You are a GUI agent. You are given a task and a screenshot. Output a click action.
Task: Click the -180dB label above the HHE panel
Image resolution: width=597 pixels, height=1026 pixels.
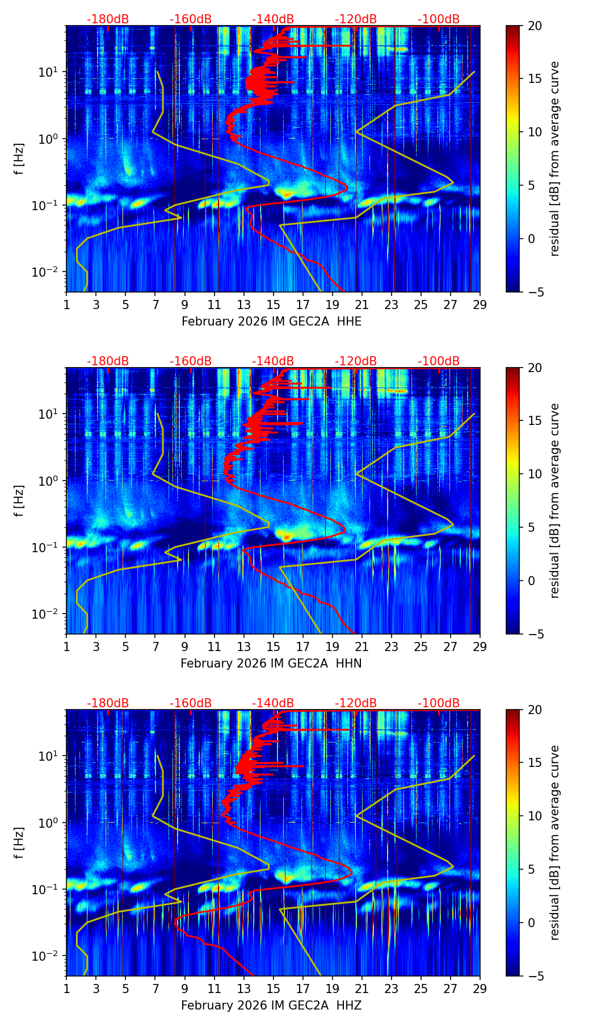pos(108,19)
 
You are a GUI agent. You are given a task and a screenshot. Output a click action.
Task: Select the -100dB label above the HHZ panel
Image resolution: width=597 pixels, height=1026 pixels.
pos(439,703)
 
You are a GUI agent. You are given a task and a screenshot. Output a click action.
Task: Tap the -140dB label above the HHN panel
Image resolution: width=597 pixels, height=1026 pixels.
pos(273,361)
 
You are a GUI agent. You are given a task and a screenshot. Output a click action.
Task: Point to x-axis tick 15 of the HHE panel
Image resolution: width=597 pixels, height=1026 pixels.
pos(273,305)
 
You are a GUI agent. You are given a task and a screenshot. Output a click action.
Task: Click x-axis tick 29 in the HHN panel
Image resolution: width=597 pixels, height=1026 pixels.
pos(480,647)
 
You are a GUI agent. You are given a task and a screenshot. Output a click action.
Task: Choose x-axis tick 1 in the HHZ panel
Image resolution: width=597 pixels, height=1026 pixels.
pos(66,989)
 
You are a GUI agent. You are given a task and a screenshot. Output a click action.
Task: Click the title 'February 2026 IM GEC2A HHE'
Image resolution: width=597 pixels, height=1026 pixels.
pos(271,322)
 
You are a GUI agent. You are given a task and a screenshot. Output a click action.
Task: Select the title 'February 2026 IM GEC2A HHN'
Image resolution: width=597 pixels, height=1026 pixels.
pos(271,664)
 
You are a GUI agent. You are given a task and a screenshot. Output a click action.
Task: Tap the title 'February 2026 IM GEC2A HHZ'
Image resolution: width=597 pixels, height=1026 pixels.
pos(271,1006)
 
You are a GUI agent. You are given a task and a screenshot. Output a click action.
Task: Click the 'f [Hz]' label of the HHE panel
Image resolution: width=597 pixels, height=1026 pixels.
pos(19,159)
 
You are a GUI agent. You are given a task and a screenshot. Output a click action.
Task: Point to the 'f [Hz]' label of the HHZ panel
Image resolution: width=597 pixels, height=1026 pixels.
pos(19,843)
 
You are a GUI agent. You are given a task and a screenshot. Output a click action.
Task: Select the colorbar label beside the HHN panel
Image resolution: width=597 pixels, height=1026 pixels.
pos(555,501)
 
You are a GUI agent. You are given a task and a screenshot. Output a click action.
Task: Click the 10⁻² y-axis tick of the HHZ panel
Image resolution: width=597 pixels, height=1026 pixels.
pos(50,956)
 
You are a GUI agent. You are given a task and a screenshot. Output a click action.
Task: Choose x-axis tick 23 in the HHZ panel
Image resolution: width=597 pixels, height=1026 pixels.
pos(391,989)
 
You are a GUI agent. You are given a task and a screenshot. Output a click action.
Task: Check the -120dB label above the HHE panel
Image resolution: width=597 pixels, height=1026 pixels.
pos(356,19)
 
